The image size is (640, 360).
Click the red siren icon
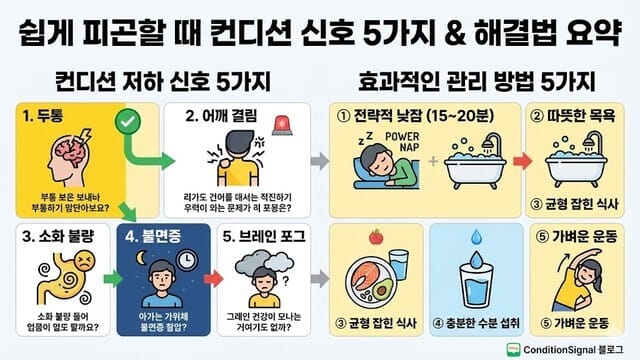(281, 125)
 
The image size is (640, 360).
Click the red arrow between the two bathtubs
(520, 159)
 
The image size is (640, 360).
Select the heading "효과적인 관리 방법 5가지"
(477, 78)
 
